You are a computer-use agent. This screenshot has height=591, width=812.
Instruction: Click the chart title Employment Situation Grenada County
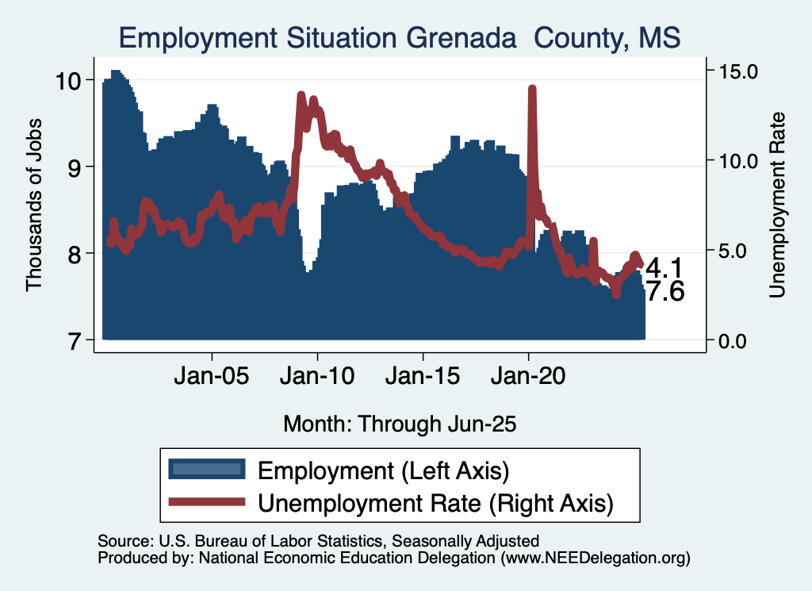pos(400,36)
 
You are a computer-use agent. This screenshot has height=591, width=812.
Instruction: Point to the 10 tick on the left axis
pos(69,80)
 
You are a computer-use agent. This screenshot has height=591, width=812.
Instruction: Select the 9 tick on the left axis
pos(75,167)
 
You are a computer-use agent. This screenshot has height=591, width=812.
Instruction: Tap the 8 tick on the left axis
pos(75,254)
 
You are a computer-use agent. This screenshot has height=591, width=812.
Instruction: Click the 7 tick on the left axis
pos(75,340)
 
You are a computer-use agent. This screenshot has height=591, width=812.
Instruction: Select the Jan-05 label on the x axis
pos(212,375)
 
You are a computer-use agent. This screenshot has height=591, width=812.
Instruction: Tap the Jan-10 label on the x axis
pos(317,375)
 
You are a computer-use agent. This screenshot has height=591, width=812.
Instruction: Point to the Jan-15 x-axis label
pos(423,375)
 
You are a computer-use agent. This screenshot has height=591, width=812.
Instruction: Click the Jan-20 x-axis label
pos(529,375)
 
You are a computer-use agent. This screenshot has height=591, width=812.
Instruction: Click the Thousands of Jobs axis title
pos(34,205)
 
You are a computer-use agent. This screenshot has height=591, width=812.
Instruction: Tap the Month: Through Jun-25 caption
pos(400,424)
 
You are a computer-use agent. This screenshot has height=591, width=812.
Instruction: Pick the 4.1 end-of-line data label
pos(665,267)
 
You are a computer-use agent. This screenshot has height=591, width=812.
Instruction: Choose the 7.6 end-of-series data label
pos(665,292)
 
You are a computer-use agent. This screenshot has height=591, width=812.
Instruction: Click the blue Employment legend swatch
pos(205,469)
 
